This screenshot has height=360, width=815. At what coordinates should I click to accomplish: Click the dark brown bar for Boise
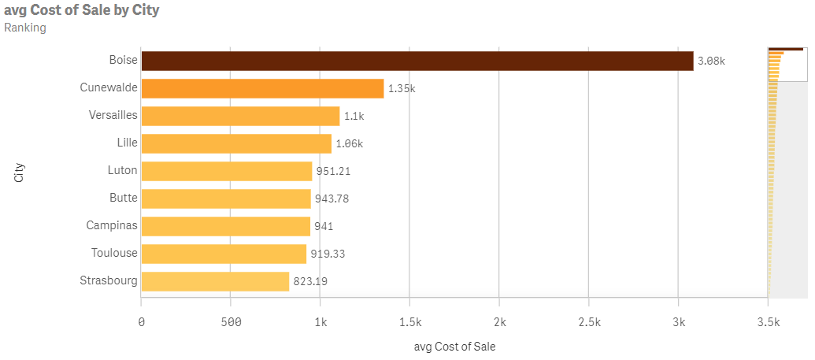[x=417, y=61]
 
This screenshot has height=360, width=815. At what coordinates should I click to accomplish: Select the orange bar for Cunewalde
[x=262, y=88]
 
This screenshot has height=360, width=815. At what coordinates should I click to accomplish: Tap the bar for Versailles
[x=240, y=116]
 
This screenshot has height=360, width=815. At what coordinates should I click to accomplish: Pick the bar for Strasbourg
[x=215, y=281]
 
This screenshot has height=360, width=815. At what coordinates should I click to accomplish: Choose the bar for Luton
[x=226, y=171]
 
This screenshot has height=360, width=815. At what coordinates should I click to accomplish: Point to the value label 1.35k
[x=402, y=88]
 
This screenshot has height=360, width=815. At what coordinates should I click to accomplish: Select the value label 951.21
[x=333, y=171]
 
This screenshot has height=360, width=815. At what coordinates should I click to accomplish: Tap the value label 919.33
[x=328, y=254]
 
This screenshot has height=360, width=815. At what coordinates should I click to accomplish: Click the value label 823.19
[x=310, y=281]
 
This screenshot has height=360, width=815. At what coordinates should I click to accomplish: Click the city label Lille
[x=126, y=143]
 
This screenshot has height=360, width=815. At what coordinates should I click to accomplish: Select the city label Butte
[x=123, y=198]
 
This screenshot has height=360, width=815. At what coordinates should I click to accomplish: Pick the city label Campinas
[x=111, y=225]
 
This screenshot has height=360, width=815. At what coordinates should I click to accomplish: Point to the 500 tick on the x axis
[x=231, y=322]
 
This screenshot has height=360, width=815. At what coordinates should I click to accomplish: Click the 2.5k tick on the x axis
[x=589, y=322]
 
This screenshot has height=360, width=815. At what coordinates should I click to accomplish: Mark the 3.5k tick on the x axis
[x=768, y=322]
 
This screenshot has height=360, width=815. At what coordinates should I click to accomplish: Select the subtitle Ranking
[x=25, y=28]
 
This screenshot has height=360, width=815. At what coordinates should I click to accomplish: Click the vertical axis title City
[x=20, y=172]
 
